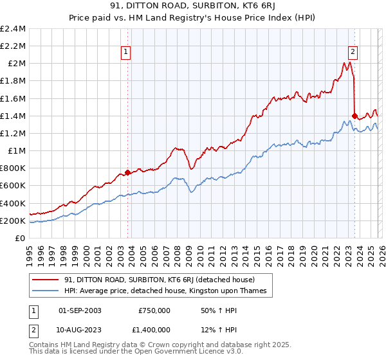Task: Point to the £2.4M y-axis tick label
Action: pyautogui.click(x=13, y=29)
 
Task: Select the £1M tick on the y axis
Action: pyautogui.click(x=16, y=151)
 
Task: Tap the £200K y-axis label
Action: pyautogui.click(x=13, y=221)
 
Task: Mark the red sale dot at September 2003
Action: pyautogui.click(x=127, y=172)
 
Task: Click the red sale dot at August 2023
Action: pyautogui.click(x=354, y=116)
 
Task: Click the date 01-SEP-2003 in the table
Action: pyautogui.click(x=80, y=310)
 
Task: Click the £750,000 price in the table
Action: pyautogui.click(x=154, y=310)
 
